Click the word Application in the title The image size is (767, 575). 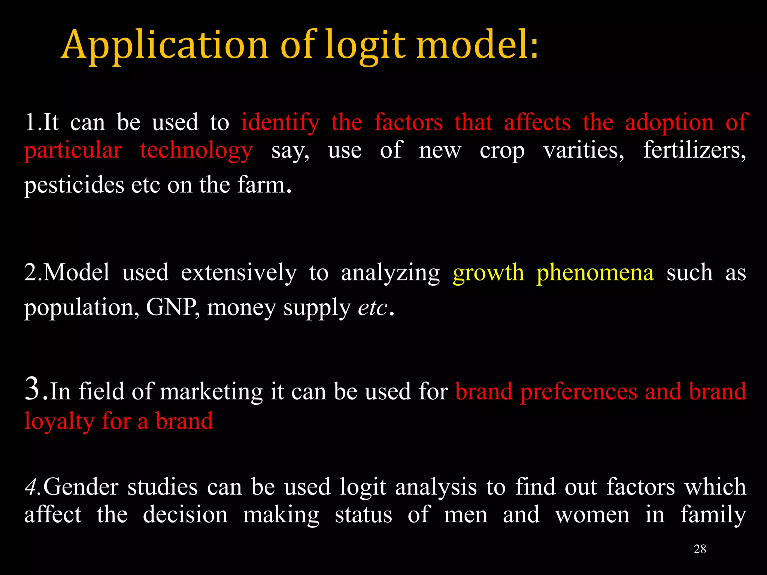point(165,46)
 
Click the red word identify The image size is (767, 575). point(281,123)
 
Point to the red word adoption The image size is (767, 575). point(669,123)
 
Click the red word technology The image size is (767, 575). point(196,151)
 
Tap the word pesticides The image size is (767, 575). point(74,185)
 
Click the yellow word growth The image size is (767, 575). point(488,273)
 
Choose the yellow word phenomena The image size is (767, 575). point(595,272)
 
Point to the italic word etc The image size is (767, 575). point(373,308)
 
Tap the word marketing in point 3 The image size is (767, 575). point(211,392)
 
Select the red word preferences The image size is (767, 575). point(579,392)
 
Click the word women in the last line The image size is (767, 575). point(592,515)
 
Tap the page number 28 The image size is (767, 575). point(700,549)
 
